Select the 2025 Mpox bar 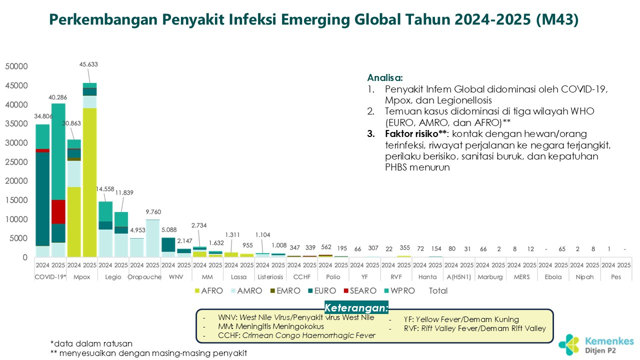[x=89, y=170]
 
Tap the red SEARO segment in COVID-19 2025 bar [x=58, y=212]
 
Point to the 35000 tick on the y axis [x=16, y=124]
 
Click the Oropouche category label [x=144, y=276]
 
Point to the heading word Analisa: [x=385, y=78]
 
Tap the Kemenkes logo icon [x=569, y=344]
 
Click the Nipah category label [x=584, y=276]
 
